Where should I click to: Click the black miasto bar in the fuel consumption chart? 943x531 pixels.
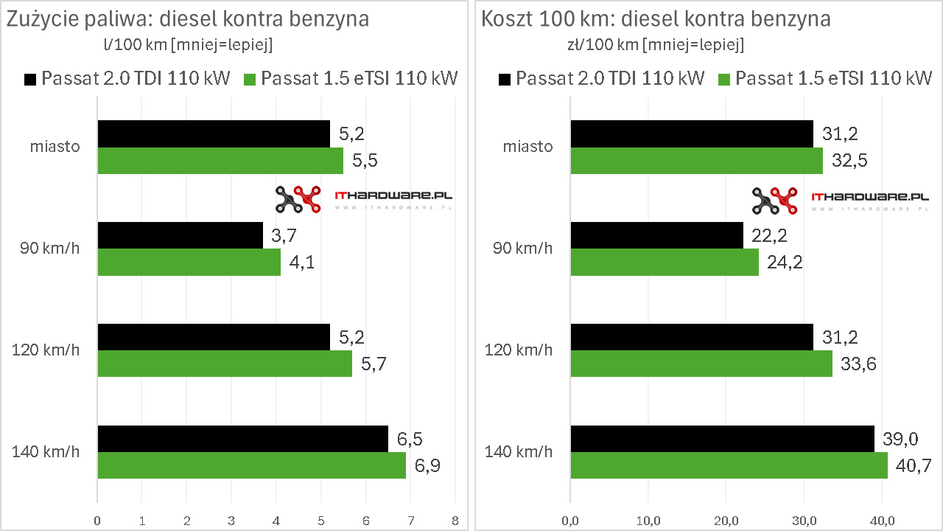[x=214, y=134]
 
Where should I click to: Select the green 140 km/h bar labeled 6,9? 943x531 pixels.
[x=251, y=465]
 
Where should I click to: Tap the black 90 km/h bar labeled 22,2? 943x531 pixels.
[x=656, y=236]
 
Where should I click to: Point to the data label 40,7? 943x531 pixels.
[x=913, y=465]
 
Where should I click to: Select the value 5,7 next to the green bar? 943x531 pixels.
[x=374, y=364]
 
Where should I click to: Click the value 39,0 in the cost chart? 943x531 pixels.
[x=900, y=439]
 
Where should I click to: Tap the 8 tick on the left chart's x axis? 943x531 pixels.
[x=455, y=520]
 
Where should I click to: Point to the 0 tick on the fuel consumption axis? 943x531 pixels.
[x=97, y=520]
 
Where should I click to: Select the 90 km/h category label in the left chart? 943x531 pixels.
[x=50, y=249]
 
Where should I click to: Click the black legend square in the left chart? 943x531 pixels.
[x=30, y=79]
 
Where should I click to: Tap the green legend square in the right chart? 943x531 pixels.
[x=725, y=79]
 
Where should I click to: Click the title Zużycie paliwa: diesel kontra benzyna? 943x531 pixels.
[x=188, y=19]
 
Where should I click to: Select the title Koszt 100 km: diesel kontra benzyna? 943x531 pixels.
[x=656, y=19]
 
